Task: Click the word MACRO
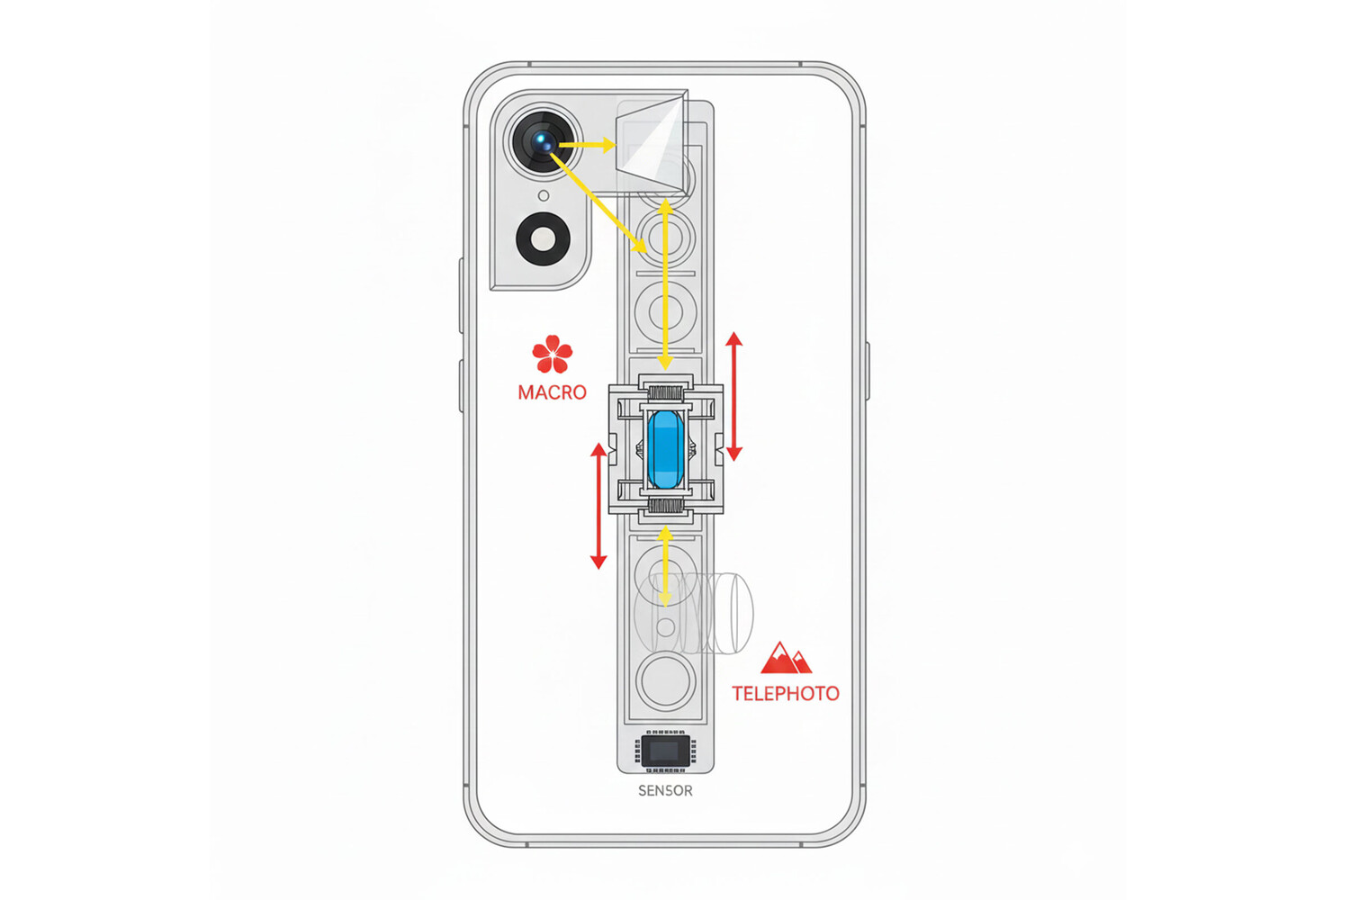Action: [552, 392]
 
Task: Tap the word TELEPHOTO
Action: [785, 693]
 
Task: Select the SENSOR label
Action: [665, 790]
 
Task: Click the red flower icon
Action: [552, 354]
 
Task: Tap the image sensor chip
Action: [665, 751]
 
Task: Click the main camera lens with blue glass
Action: [544, 142]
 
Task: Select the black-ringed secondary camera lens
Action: [544, 239]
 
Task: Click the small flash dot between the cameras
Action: [544, 195]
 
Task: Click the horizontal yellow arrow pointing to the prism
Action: [587, 144]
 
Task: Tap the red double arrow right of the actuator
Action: [734, 396]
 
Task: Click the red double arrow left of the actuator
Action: [598, 506]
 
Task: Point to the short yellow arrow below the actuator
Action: [665, 565]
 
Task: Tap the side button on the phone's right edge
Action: [868, 371]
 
